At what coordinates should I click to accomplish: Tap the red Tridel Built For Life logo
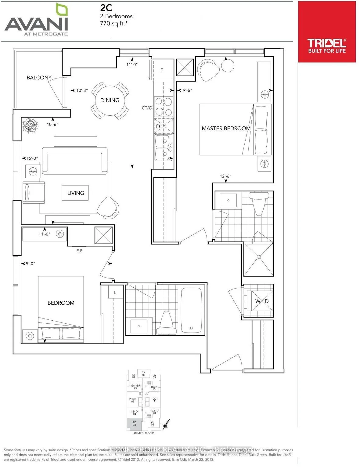coord(326,32)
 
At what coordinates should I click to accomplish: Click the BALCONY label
coord(39,78)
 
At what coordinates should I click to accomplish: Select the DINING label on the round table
coord(110,100)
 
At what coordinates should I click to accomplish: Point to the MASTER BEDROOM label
coord(226,129)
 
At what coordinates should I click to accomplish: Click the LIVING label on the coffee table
coord(75,193)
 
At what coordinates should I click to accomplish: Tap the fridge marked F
coord(162,70)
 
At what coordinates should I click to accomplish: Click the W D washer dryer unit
coord(262,301)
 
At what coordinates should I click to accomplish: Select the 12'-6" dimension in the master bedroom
coord(225,176)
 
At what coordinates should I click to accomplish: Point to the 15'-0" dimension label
coord(31,158)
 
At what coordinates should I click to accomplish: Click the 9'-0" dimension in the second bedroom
coord(30,264)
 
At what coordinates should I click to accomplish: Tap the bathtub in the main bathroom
coord(192,310)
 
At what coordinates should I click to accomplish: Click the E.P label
coord(79,251)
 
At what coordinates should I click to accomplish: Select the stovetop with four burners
coord(164,107)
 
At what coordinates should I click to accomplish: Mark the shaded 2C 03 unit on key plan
coord(134,424)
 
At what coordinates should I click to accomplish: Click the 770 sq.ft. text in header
coord(113,23)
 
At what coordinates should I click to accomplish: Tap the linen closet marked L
coord(115,293)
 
